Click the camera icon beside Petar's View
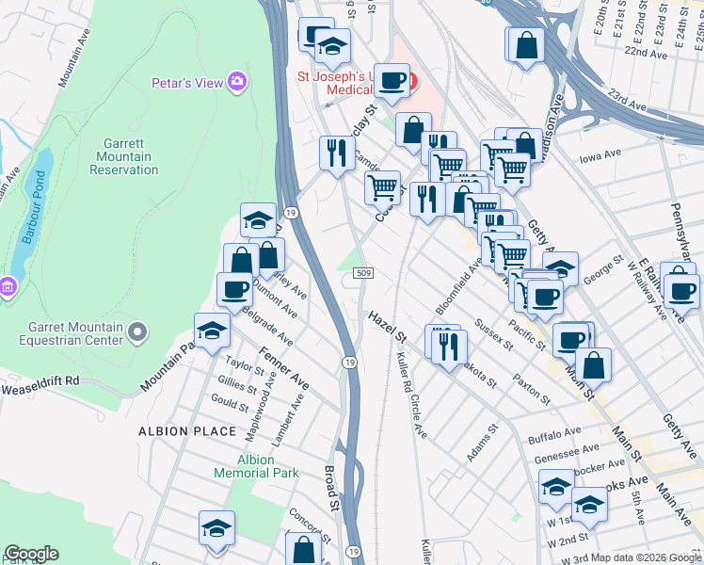click(x=237, y=82)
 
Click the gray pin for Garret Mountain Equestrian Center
click(x=138, y=332)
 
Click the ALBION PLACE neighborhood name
click(x=187, y=431)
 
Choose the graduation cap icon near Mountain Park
click(x=211, y=331)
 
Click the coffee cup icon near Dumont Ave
click(x=234, y=289)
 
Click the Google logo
click(x=31, y=554)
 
